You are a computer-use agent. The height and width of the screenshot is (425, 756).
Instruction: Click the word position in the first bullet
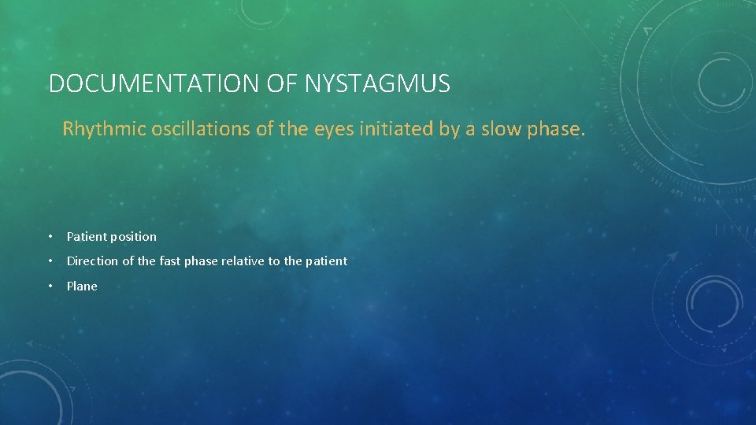(135, 237)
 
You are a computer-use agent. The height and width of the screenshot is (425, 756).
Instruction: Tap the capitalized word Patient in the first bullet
(87, 236)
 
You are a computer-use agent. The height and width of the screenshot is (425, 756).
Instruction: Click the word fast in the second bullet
(170, 261)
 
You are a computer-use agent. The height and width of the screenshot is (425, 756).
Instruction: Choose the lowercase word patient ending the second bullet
(325, 261)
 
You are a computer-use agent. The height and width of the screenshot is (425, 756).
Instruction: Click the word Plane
(82, 286)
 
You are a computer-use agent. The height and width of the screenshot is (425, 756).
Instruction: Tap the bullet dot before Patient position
(50, 237)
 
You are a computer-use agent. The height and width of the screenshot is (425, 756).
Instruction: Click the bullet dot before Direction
(50, 261)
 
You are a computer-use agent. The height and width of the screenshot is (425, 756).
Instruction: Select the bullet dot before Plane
(50, 286)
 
